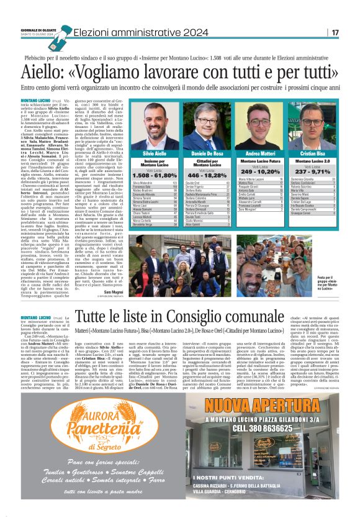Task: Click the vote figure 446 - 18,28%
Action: click(207, 176)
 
